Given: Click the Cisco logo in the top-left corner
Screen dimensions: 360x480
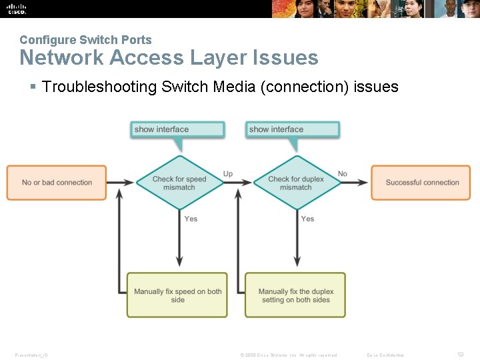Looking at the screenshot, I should click(17, 9).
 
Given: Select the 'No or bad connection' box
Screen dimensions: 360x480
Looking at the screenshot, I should click(57, 183).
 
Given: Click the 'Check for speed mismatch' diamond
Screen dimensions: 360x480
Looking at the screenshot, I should click(179, 183).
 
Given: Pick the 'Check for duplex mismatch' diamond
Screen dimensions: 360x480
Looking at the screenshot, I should click(295, 183).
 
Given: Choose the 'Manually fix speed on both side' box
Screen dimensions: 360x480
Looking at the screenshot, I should click(177, 295).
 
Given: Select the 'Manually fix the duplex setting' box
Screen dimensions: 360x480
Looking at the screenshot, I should click(295, 295).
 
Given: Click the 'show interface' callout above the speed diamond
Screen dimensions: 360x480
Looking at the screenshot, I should click(177, 129).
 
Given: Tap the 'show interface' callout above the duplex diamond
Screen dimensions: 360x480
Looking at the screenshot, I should click(292, 129).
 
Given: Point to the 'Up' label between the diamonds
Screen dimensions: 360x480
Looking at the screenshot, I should click(228, 174).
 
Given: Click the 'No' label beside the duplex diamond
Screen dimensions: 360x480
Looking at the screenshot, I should click(343, 174).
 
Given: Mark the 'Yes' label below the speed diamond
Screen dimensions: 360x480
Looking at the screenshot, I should click(191, 219).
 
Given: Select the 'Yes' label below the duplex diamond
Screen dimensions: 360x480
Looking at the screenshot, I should click(307, 219).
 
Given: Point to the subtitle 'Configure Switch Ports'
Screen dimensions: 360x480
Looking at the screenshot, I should click(85, 40).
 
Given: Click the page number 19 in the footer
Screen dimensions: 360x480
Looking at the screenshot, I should click(460, 355).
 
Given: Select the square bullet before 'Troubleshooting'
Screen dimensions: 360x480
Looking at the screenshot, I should click(33, 87).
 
